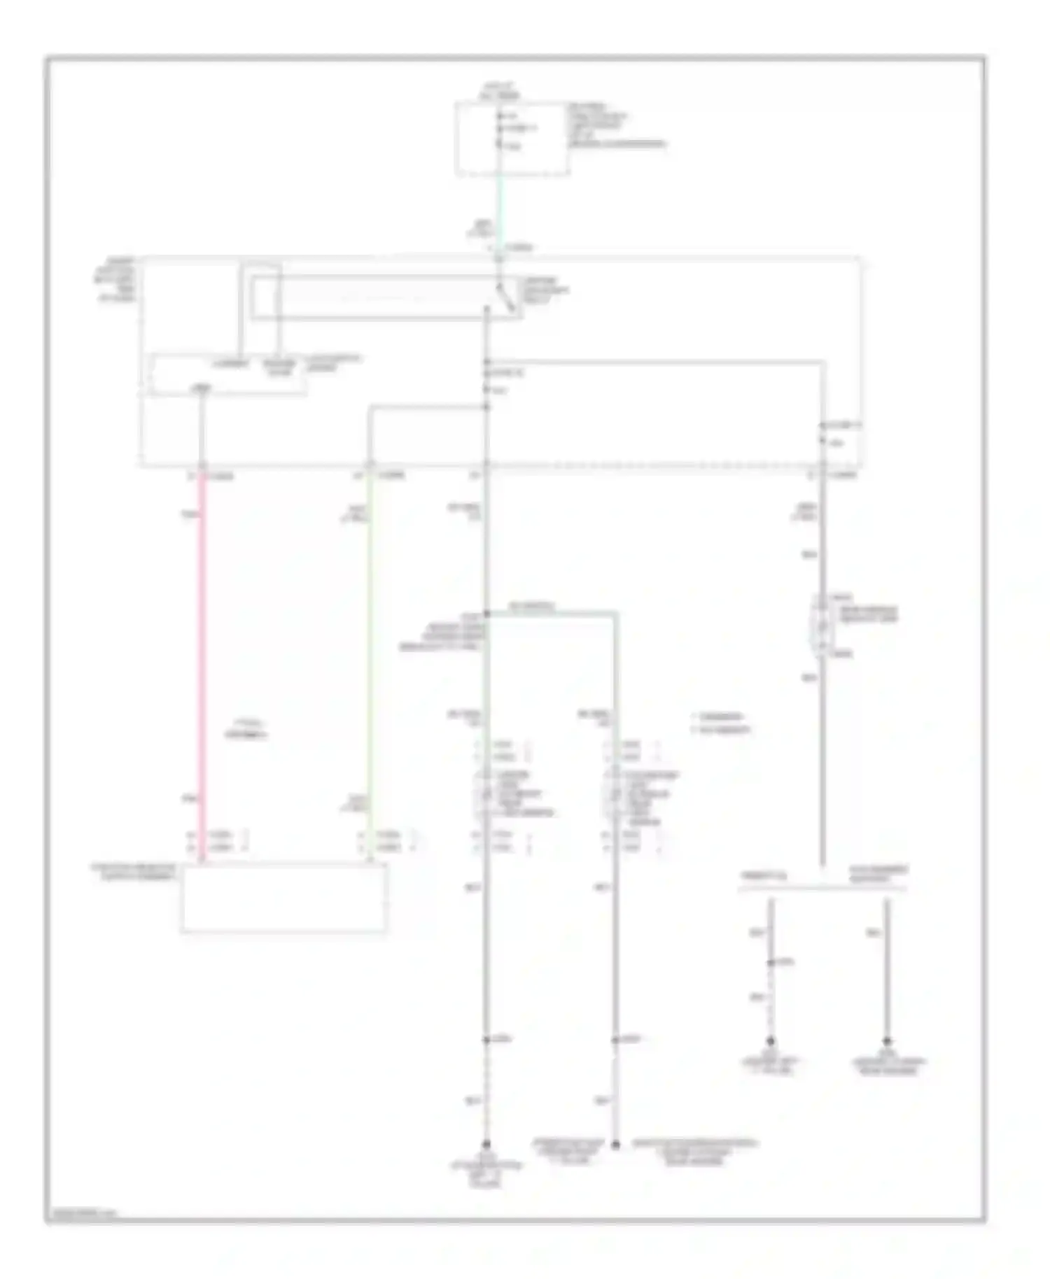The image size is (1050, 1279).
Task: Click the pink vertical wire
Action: (x=202, y=665)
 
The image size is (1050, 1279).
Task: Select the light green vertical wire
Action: (x=369, y=665)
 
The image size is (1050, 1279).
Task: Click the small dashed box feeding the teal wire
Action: (x=512, y=139)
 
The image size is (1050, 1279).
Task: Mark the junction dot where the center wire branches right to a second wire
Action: (x=486, y=614)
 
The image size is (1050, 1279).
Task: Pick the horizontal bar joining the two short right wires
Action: (x=822, y=889)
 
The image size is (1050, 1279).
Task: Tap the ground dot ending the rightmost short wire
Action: (x=887, y=1041)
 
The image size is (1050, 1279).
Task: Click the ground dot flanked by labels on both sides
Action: (x=616, y=1145)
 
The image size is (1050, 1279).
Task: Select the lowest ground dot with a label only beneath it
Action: (x=486, y=1145)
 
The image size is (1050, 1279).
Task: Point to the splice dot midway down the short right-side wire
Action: (x=771, y=963)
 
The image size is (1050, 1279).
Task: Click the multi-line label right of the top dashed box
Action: (x=616, y=126)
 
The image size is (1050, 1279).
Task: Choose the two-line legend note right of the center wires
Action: (x=721, y=723)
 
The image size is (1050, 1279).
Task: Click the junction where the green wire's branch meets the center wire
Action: (x=486, y=407)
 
